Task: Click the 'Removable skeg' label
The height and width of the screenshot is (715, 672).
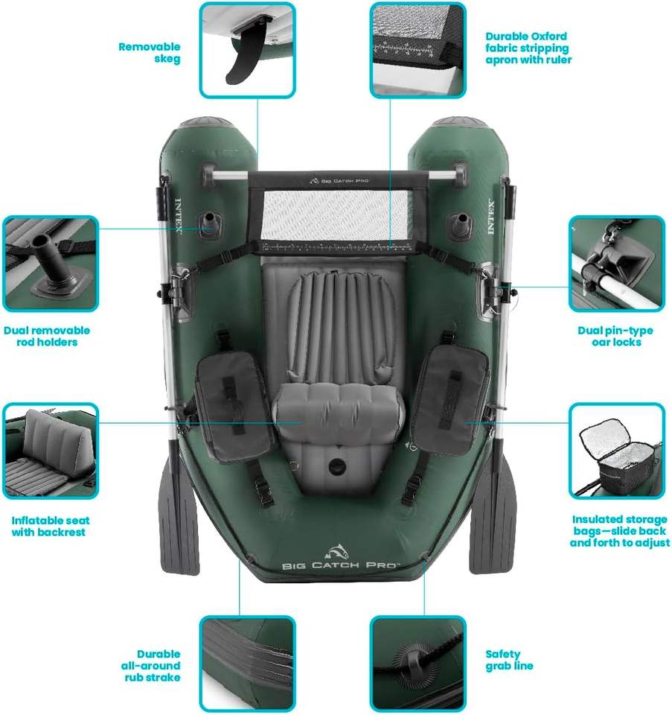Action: [149, 52]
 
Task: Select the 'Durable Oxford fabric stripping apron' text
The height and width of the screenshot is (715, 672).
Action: [528, 48]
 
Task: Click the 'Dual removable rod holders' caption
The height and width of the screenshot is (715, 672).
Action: [47, 336]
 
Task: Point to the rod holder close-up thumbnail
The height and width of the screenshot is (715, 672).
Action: [51, 264]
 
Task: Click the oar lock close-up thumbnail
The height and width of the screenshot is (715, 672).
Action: [617, 264]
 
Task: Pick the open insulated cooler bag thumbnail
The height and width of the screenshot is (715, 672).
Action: [617, 451]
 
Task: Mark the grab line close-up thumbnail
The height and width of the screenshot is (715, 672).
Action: [417, 664]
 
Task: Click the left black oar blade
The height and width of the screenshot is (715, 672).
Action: [179, 515]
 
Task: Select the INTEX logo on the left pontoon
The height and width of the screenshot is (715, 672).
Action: [179, 215]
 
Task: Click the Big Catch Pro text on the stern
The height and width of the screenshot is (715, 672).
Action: [341, 565]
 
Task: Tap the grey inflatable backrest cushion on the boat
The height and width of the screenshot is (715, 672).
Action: [339, 405]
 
